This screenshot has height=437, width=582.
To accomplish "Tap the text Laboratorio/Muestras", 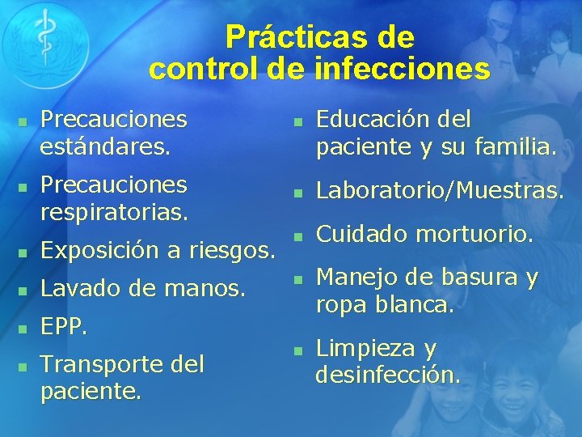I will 439,192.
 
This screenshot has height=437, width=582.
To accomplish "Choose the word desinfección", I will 389,375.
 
